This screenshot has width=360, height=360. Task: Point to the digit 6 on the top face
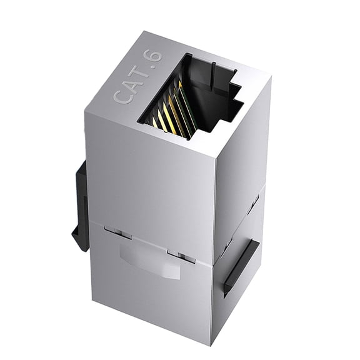coord(156,56)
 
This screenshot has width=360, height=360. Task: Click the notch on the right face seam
coord(253,203)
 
